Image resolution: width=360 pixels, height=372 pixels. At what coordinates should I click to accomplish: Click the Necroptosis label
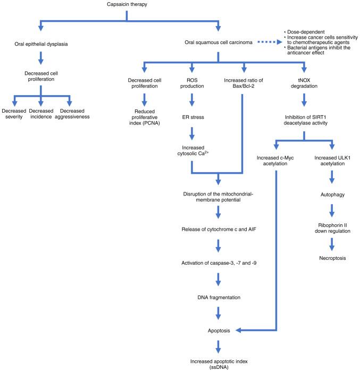pyautogui.click(x=332, y=257)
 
